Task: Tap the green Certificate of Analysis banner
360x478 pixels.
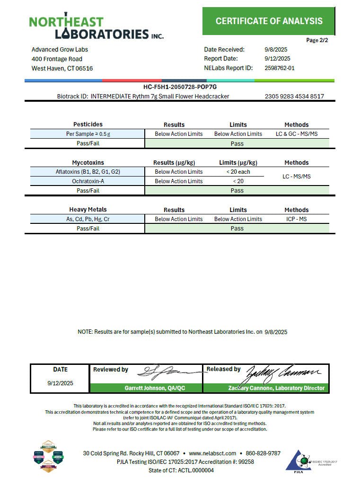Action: pos(269,21)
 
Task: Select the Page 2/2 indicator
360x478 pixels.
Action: pos(317,40)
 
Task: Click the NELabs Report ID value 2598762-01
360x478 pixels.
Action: pos(280,68)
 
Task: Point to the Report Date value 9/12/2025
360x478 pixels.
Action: pos(277,59)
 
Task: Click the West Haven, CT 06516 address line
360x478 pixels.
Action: pos(62,68)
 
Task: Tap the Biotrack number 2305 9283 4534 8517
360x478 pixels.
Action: pos(294,96)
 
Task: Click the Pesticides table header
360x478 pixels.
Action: pos(88,124)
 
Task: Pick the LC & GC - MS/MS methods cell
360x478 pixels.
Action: pos(297,134)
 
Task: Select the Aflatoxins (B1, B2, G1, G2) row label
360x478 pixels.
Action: pos(88,172)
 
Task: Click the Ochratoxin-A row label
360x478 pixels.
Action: pos(88,181)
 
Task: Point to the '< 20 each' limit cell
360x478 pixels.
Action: pos(238,172)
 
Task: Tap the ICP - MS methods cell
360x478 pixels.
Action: pos(297,219)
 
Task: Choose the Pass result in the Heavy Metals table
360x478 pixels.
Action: pos(237,229)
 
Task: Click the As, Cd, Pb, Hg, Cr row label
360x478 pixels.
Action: pos(88,219)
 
